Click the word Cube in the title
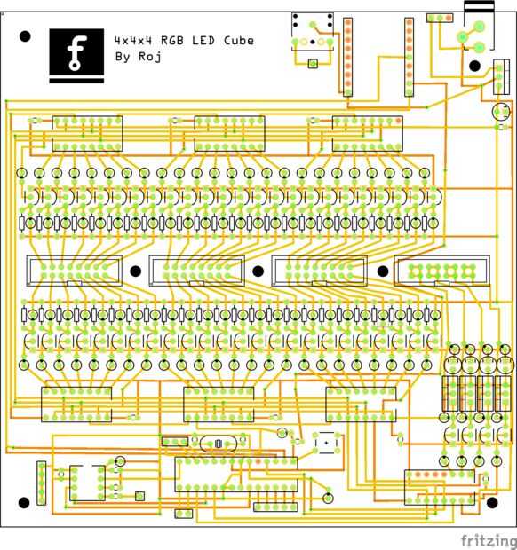(x=239, y=40)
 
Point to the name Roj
(x=150, y=56)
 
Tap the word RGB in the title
(x=172, y=40)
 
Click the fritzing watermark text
(x=489, y=541)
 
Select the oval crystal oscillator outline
(x=219, y=444)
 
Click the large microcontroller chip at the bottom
(x=236, y=474)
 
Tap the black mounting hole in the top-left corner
(x=25, y=36)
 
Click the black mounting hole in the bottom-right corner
(x=492, y=502)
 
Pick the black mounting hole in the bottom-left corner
(x=24, y=502)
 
